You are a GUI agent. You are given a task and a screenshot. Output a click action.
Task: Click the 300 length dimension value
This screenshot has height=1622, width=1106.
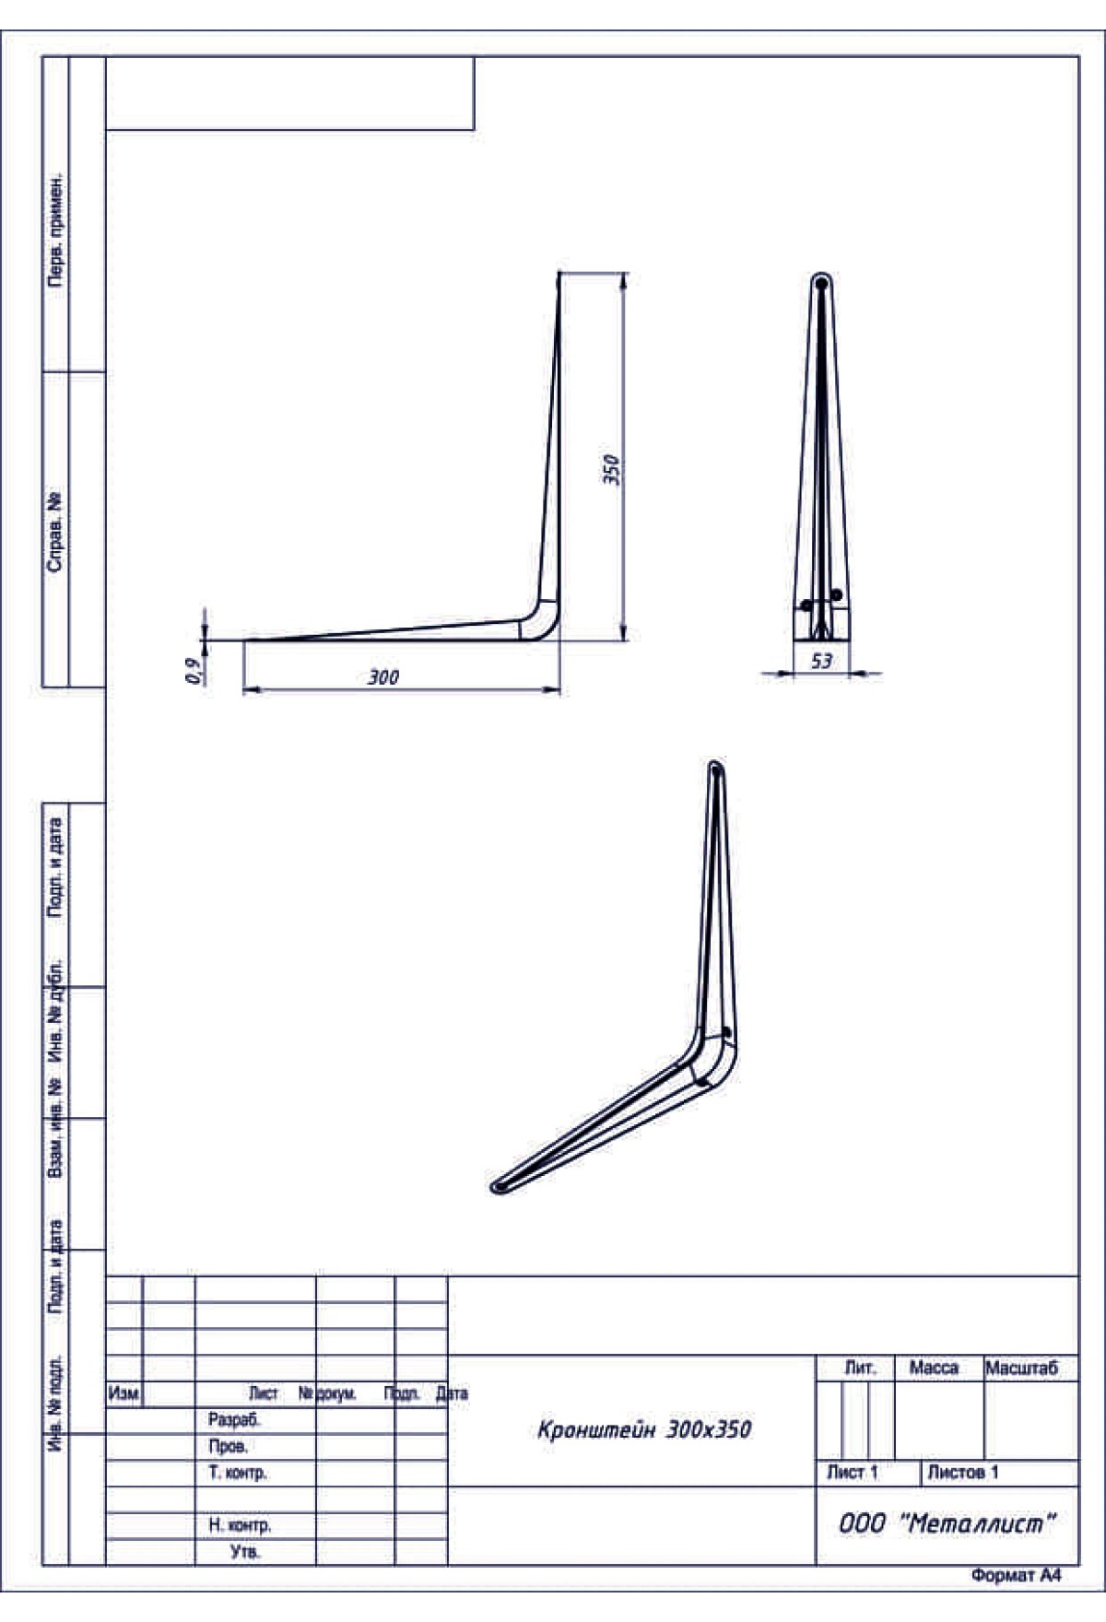[x=383, y=677]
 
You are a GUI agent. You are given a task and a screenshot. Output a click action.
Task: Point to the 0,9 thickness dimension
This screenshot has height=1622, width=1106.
[x=194, y=671]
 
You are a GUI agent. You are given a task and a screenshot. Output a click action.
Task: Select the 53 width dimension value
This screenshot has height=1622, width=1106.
[x=821, y=661]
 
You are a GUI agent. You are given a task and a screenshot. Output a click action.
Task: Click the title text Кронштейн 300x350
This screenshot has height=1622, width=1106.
[x=644, y=1429]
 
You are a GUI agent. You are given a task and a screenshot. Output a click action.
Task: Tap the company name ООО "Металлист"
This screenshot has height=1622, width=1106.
[x=946, y=1523]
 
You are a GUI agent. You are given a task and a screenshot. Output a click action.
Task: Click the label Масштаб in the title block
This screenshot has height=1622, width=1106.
[x=1022, y=1369]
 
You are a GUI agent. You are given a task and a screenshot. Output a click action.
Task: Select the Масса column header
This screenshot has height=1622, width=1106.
[x=934, y=1369]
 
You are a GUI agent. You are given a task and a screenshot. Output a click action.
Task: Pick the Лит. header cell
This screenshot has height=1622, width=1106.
[x=860, y=1369]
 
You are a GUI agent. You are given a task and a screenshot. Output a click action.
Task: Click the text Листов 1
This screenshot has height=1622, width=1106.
[x=962, y=1473]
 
